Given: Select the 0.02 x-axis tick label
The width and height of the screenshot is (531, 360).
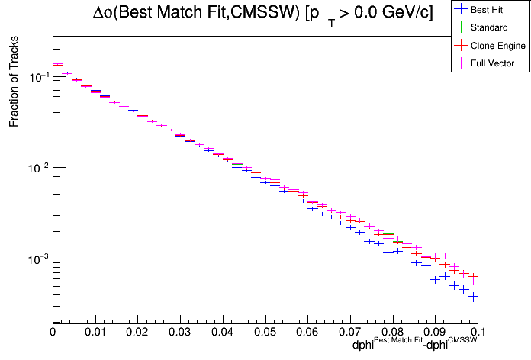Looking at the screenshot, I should click(137, 333).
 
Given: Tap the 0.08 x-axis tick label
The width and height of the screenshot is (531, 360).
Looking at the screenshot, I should click(392, 333).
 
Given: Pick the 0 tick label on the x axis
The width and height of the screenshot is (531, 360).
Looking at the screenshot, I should click(53, 333).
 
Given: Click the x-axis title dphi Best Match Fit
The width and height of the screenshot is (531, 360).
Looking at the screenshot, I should click(385, 346).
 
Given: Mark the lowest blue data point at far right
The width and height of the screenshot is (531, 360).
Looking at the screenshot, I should click(473, 296).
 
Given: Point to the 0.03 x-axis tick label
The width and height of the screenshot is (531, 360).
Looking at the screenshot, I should click(180, 333).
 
